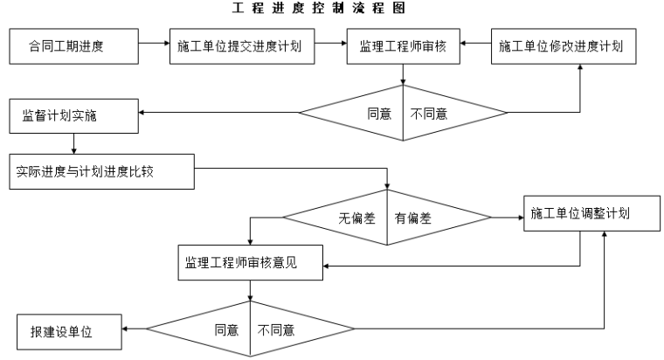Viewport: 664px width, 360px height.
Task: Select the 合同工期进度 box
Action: (x=73, y=46)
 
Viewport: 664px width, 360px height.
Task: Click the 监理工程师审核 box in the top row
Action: (x=403, y=46)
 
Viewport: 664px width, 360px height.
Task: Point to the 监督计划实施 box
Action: (x=73, y=115)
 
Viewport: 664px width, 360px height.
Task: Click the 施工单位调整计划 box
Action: (x=591, y=214)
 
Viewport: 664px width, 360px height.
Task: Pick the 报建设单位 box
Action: (x=68, y=330)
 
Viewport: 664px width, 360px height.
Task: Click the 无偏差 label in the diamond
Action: (x=356, y=218)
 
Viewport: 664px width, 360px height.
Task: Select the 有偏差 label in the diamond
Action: (x=412, y=218)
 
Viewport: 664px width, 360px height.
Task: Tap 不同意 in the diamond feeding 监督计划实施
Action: (x=429, y=114)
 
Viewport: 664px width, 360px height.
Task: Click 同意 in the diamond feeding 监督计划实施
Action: (x=378, y=114)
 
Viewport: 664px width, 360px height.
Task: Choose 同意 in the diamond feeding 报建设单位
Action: (x=226, y=330)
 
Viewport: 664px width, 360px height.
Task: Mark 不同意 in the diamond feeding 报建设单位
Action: (x=275, y=330)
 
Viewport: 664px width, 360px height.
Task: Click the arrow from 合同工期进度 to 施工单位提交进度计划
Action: (x=154, y=42)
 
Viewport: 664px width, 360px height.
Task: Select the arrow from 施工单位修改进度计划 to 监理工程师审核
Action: (x=475, y=42)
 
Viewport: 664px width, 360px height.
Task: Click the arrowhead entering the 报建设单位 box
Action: (x=126, y=329)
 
